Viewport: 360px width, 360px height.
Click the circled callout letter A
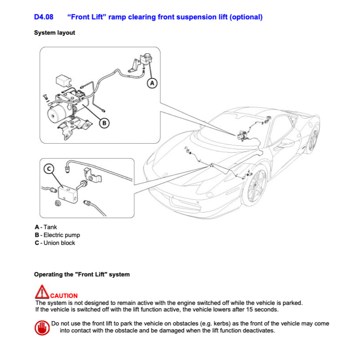[152, 82]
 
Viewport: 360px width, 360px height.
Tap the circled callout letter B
[104, 123]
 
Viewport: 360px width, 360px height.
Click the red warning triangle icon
[42, 293]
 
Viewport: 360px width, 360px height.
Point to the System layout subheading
[54, 33]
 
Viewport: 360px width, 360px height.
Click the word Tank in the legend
[50, 227]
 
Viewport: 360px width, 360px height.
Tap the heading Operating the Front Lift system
[82, 275]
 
